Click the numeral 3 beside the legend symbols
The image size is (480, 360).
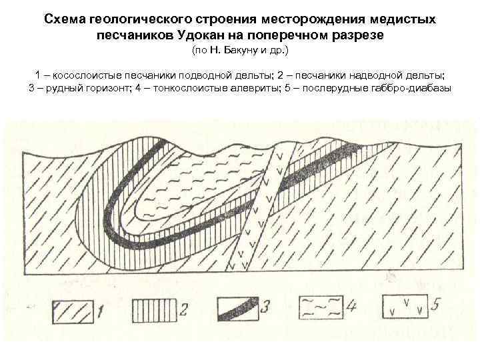point(265,308)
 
